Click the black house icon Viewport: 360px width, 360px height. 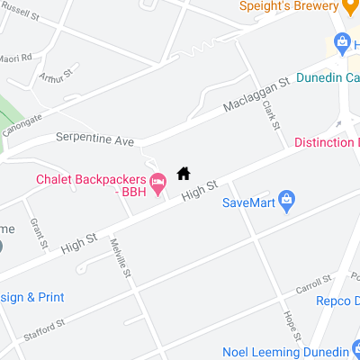pos(184,173)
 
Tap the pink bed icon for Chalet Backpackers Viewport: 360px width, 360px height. pos(157,184)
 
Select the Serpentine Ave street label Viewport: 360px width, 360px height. pos(94,140)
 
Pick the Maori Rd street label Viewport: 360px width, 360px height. pos(14,58)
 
